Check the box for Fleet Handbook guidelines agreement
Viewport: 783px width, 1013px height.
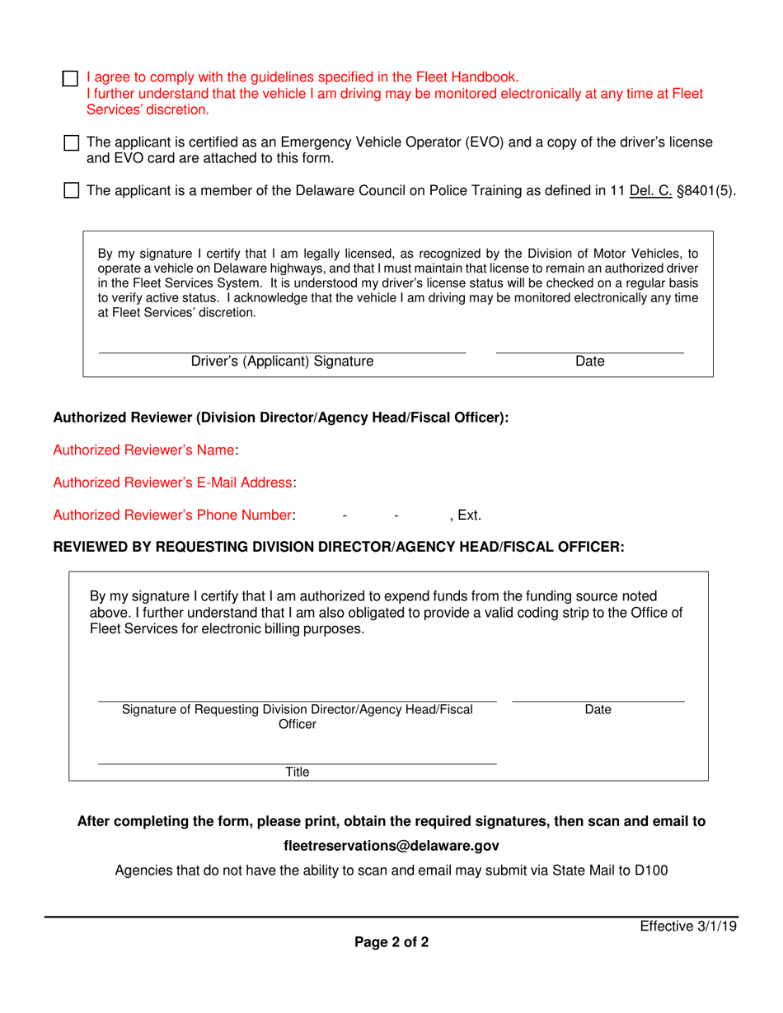coord(71,79)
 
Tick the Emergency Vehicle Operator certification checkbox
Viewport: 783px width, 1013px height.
coord(71,143)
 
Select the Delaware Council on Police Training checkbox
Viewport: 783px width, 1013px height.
coord(71,191)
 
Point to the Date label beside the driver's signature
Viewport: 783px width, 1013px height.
coord(589,361)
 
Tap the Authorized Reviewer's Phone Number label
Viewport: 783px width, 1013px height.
coord(173,515)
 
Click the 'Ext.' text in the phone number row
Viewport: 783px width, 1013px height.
coord(469,516)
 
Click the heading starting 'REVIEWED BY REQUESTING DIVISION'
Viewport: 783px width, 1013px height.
coord(339,548)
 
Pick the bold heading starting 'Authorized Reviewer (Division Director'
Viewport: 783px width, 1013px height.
coord(281,418)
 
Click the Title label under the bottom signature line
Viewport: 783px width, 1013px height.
coord(297,772)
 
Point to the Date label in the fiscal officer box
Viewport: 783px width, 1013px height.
coord(598,709)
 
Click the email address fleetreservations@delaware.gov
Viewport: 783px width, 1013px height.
coord(391,846)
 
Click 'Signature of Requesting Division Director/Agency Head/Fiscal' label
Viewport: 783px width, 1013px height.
coord(297,709)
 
